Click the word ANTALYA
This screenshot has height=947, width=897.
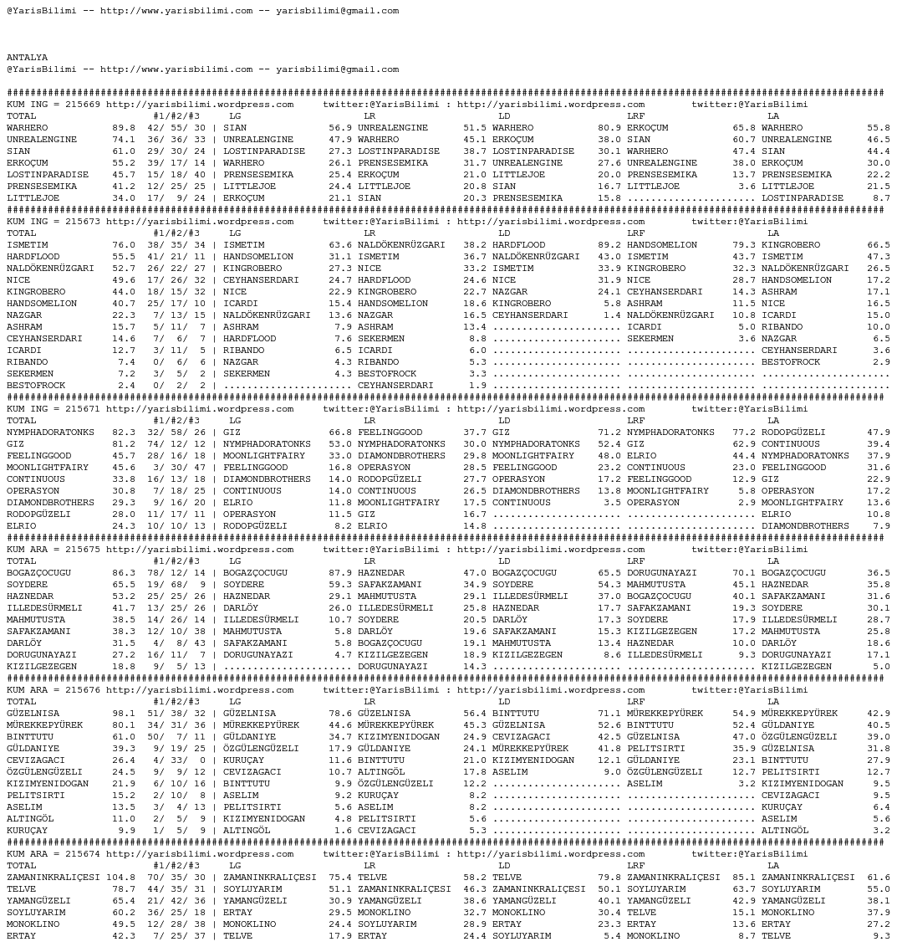pyautogui.click(x=27, y=58)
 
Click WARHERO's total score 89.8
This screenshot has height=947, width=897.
pyautogui.click(x=123, y=128)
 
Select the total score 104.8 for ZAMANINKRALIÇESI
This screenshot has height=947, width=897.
pyautogui.click(x=120, y=878)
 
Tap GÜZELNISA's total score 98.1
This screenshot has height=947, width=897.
pyautogui.click(x=123, y=714)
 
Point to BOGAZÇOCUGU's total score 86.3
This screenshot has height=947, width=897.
pyautogui.click(x=123, y=573)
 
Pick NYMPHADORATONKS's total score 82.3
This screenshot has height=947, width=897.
pyautogui.click(x=123, y=433)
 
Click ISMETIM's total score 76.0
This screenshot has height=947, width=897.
pyautogui.click(x=123, y=245)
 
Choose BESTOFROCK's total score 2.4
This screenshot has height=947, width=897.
pyautogui.click(x=126, y=386)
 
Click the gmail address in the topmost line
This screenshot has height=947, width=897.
pyautogui.click(x=337, y=11)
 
